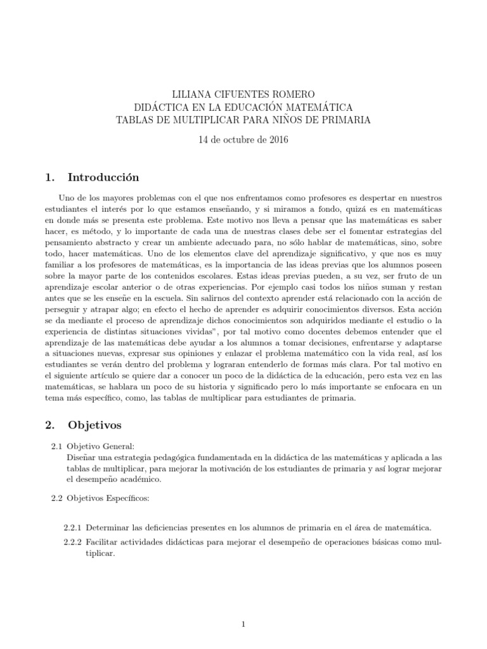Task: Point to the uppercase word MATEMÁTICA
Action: [x=315, y=106]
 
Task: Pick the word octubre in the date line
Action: [x=238, y=139]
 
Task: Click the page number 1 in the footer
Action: [x=243, y=624]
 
